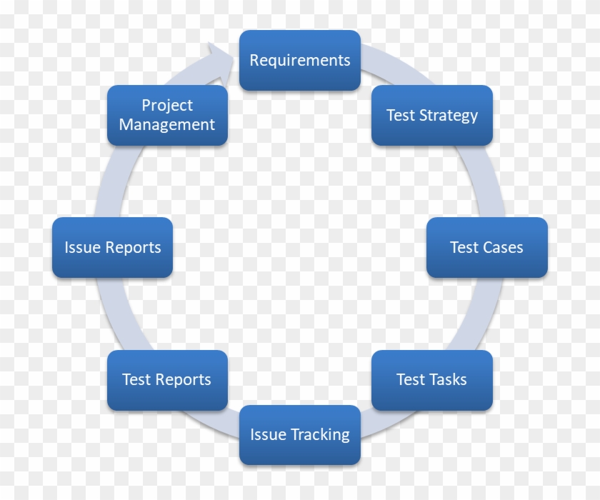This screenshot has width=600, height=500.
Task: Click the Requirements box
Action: [300, 61]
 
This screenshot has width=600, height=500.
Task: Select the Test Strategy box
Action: [432, 116]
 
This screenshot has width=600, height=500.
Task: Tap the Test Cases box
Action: [487, 248]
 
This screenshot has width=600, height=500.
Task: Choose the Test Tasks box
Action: [432, 380]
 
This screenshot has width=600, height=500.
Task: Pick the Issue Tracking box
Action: [300, 435]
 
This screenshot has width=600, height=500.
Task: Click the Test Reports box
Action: [168, 380]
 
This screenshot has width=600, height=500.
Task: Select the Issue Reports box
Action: [113, 248]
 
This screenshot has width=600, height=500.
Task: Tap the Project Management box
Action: [168, 116]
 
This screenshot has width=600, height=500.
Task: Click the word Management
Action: [167, 125]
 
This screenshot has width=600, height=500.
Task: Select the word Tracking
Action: [320, 435]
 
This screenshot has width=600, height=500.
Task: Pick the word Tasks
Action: [449, 380]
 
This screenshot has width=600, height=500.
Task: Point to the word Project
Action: [167, 106]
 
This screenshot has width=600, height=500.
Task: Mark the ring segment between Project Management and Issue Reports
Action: [115, 181]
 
